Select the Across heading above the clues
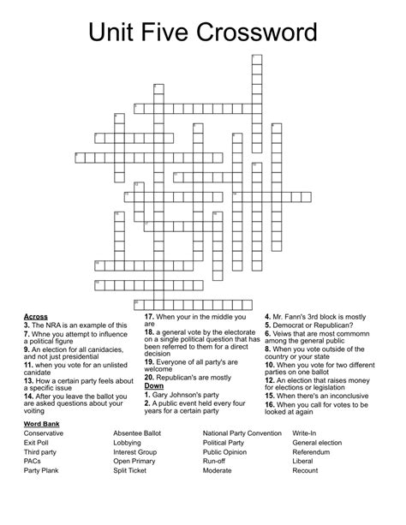click(37, 316)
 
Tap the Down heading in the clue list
click(154, 385)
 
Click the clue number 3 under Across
click(27, 325)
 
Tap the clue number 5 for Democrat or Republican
click(267, 325)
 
